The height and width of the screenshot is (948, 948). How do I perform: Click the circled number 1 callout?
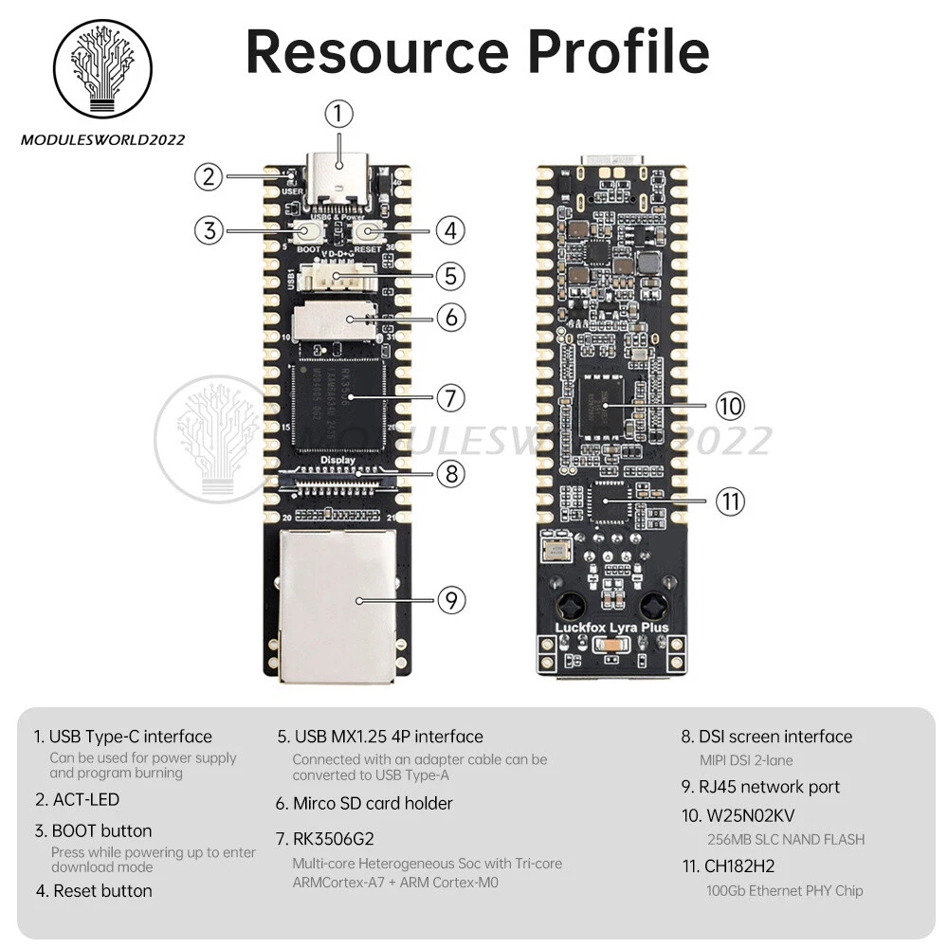338,115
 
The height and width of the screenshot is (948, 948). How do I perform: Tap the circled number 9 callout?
451,600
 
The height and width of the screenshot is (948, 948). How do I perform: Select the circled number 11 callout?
730,501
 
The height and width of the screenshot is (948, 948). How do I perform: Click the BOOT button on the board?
308,232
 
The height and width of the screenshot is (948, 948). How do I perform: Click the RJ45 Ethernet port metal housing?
337,607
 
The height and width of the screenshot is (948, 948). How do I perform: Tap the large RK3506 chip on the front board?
338,402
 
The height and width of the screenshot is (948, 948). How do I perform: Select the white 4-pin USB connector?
336,278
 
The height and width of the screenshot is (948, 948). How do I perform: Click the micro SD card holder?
332,320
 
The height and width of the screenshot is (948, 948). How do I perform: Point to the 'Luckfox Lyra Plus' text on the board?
611,627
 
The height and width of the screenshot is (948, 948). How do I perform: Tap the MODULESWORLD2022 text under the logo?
103,140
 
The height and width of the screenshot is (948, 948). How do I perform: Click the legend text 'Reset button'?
102,891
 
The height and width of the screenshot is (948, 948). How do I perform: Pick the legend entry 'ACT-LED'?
84,800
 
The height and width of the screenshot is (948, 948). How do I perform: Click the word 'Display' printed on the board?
338,461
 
